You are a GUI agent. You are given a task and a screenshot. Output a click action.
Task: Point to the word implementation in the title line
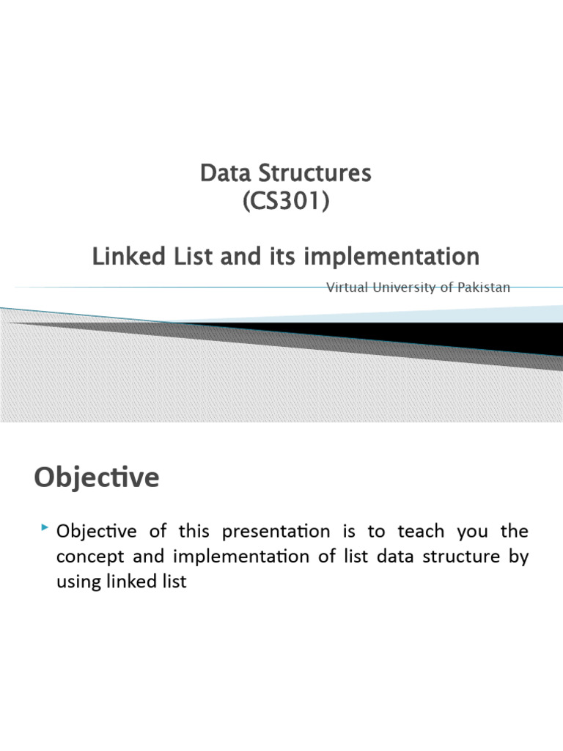tap(399, 257)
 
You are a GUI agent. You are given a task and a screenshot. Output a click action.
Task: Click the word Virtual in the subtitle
tap(347, 287)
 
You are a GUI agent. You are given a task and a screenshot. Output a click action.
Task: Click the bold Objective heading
tap(96, 477)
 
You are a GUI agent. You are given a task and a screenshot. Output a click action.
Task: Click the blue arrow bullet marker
tap(45, 527)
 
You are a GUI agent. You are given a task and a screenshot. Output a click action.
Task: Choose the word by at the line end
tap(518, 557)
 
